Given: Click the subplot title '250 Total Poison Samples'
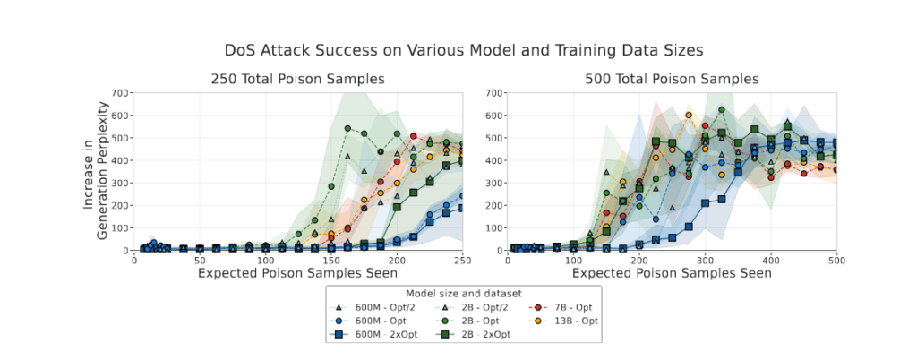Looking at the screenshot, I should [298, 79].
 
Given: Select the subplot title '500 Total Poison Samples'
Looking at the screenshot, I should [672, 79].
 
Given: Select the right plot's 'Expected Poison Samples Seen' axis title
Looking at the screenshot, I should [672, 272].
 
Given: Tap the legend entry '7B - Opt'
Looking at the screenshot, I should [562, 306].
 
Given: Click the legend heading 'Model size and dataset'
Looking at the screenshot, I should [464, 293].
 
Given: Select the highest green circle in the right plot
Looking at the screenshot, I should [722, 110].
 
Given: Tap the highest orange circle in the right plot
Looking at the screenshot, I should [689, 115].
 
